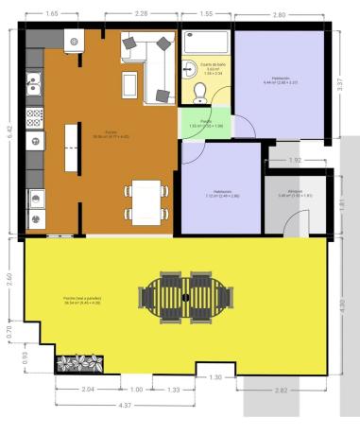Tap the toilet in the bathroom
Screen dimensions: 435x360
click(199, 92)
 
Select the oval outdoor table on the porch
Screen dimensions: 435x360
click(185, 296)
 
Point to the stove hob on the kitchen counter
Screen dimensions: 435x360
click(34, 117)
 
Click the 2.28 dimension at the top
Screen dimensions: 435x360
click(142, 14)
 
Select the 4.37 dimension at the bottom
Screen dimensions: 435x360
click(124, 405)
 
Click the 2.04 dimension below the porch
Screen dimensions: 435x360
click(88, 390)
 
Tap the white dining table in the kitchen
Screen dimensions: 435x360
click(147, 200)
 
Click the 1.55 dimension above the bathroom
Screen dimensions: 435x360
click(207, 14)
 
